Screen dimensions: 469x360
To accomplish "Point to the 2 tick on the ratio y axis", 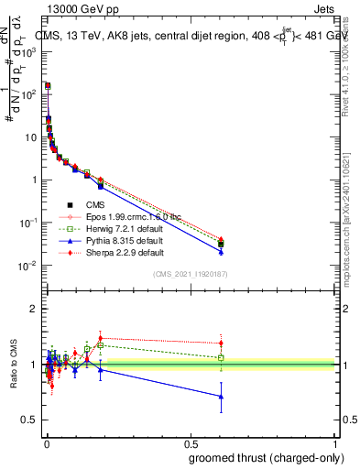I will (34, 310).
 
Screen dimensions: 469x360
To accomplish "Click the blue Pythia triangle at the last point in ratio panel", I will (221, 397).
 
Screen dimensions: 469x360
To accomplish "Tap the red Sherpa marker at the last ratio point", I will (221, 344).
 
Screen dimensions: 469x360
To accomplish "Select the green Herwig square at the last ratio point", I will (221, 357).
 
